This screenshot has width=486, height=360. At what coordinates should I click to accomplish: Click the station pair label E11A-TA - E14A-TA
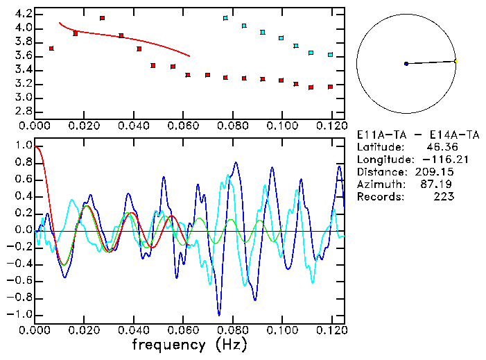(x=405, y=135)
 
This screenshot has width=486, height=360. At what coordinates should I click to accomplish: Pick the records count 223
(x=443, y=197)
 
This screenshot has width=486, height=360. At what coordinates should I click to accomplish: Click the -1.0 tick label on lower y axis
(x=21, y=314)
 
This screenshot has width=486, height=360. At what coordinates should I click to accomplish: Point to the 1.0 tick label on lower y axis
(x=24, y=146)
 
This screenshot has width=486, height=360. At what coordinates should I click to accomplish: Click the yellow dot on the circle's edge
(x=455, y=61)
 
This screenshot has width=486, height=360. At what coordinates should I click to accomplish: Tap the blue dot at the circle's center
(x=406, y=64)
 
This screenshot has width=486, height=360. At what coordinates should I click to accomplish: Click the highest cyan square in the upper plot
(x=225, y=18)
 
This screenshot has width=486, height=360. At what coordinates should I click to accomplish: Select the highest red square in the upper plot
(x=102, y=18)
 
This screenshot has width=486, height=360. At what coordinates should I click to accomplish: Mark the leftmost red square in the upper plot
(x=51, y=49)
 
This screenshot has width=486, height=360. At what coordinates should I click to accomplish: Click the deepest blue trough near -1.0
(x=219, y=314)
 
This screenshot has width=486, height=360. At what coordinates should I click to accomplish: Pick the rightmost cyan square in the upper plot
(x=330, y=55)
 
